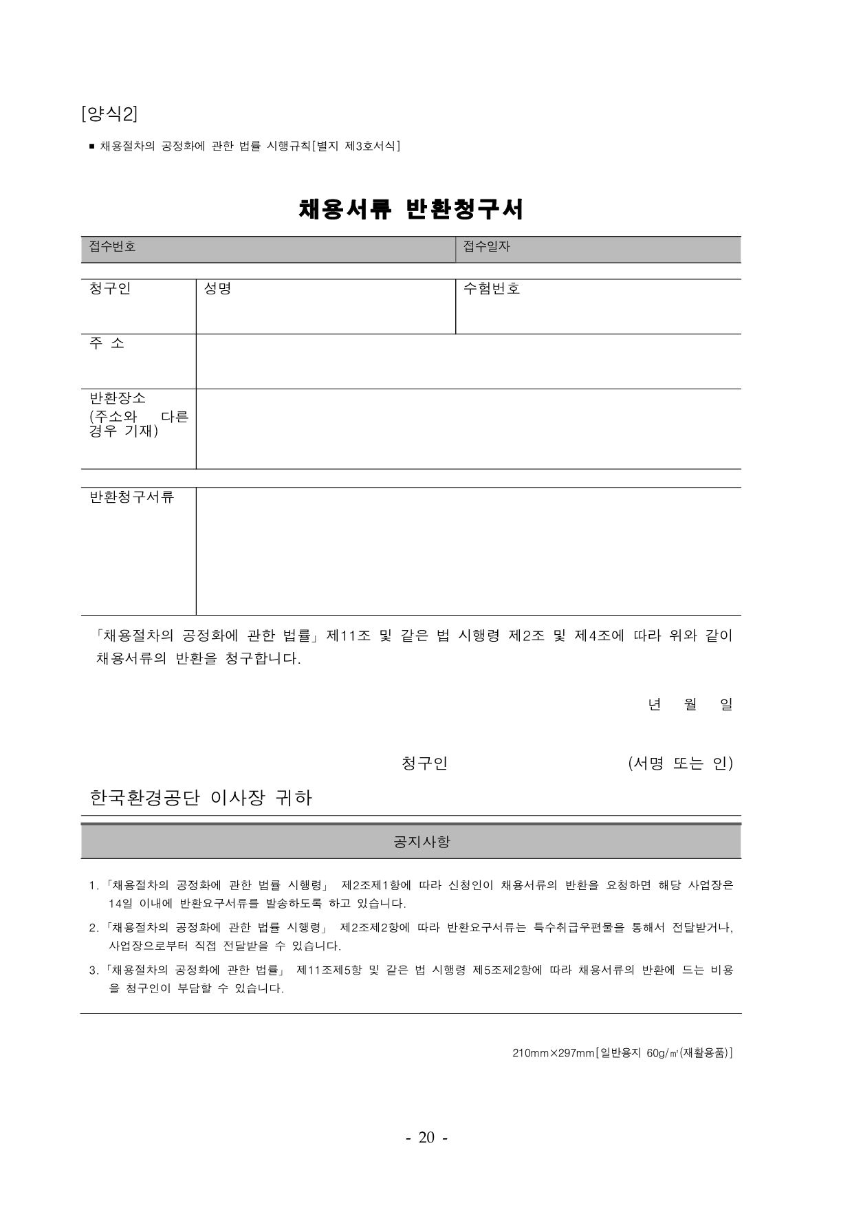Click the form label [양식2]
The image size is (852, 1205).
(x=109, y=113)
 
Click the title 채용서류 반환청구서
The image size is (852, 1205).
(x=411, y=209)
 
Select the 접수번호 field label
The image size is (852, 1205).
(x=112, y=246)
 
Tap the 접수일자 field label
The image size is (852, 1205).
(x=486, y=246)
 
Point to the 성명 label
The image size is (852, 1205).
(x=217, y=289)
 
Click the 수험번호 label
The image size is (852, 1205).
(x=491, y=289)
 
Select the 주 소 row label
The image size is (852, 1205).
(x=107, y=343)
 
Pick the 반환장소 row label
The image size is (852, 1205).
(x=118, y=398)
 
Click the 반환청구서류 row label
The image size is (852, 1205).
(x=131, y=497)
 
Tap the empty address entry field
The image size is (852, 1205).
(x=468, y=362)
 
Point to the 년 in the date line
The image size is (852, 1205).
(x=654, y=704)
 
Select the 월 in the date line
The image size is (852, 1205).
(x=690, y=704)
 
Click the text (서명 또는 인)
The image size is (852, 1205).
(x=680, y=763)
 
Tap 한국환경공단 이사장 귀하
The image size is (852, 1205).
(x=201, y=798)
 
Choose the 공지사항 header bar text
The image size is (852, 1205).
(x=422, y=841)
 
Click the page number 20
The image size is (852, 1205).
(x=426, y=1138)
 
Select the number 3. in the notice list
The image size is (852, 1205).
(x=94, y=970)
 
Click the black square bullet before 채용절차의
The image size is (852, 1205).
(x=92, y=146)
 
